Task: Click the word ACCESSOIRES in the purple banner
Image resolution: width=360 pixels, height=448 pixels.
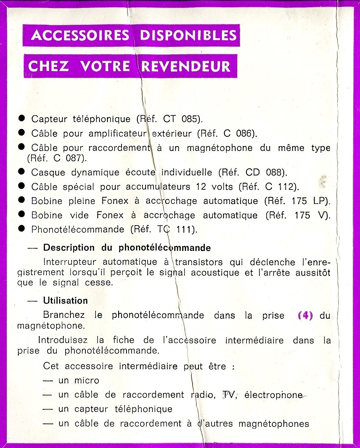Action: (x=80, y=35)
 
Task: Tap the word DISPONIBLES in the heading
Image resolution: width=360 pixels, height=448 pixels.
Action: (x=188, y=35)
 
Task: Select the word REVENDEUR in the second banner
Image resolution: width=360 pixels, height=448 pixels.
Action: (x=185, y=66)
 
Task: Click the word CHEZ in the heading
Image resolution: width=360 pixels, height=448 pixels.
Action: (x=48, y=66)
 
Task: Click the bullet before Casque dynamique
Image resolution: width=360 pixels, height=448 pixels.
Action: (x=21, y=171)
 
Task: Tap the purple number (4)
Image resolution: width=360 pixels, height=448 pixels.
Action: (x=305, y=316)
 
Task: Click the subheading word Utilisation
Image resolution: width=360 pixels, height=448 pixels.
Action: (x=65, y=301)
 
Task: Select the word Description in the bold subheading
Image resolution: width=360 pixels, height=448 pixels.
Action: (x=69, y=248)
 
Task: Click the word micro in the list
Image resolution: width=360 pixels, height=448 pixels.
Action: (x=87, y=380)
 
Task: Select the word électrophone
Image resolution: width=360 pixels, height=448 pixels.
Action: (x=273, y=395)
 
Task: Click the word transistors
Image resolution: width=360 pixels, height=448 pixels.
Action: (x=199, y=262)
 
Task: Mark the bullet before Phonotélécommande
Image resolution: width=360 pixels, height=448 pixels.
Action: (x=21, y=229)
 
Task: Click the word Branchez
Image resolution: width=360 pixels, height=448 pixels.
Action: (x=64, y=315)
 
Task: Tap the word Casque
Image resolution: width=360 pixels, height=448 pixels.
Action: (x=48, y=172)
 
